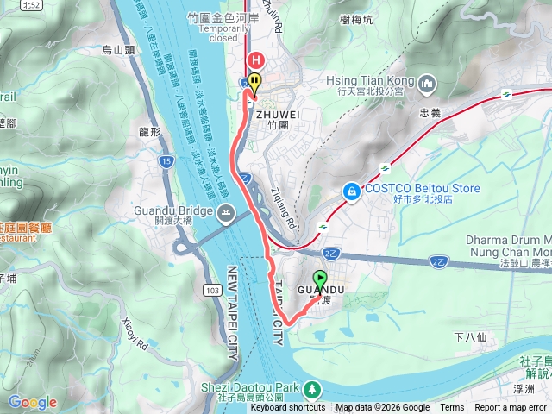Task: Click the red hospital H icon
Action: tap(256, 60)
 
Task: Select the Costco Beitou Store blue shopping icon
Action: tap(351, 190)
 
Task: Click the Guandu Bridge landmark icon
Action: tap(226, 211)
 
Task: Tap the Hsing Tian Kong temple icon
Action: tap(429, 83)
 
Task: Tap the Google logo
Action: tap(32, 402)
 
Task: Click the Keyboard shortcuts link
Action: tap(288, 408)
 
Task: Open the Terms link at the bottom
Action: tap(452, 408)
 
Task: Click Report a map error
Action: tap(511, 408)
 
